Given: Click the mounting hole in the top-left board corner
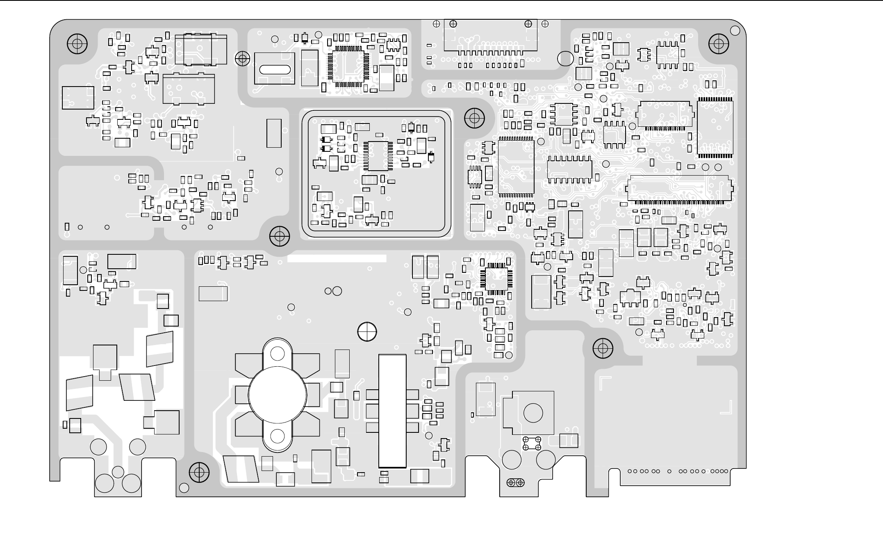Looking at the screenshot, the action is click(x=77, y=43).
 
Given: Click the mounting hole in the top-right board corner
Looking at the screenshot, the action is click(x=719, y=43).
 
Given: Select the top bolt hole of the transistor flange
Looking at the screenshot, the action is click(x=278, y=353).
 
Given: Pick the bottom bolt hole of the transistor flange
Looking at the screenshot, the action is click(x=278, y=436).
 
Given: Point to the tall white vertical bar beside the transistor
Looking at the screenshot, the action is click(x=392, y=411).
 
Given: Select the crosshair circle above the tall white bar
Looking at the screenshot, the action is click(x=367, y=331).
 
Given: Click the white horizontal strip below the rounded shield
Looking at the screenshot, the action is click(x=337, y=258).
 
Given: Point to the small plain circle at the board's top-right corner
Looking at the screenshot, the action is click(x=735, y=30).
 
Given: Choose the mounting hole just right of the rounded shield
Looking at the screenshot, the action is click(x=474, y=118).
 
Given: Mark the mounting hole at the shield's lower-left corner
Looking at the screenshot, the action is click(x=280, y=236).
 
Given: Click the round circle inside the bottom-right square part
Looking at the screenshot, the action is click(x=533, y=413).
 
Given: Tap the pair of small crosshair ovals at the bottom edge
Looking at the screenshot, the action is click(x=515, y=482).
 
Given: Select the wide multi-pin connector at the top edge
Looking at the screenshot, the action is click(x=491, y=36).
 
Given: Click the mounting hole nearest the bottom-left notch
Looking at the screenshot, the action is click(x=199, y=472).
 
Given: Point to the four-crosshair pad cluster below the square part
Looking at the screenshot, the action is click(x=532, y=443).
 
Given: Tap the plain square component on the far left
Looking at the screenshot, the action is click(x=78, y=98).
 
